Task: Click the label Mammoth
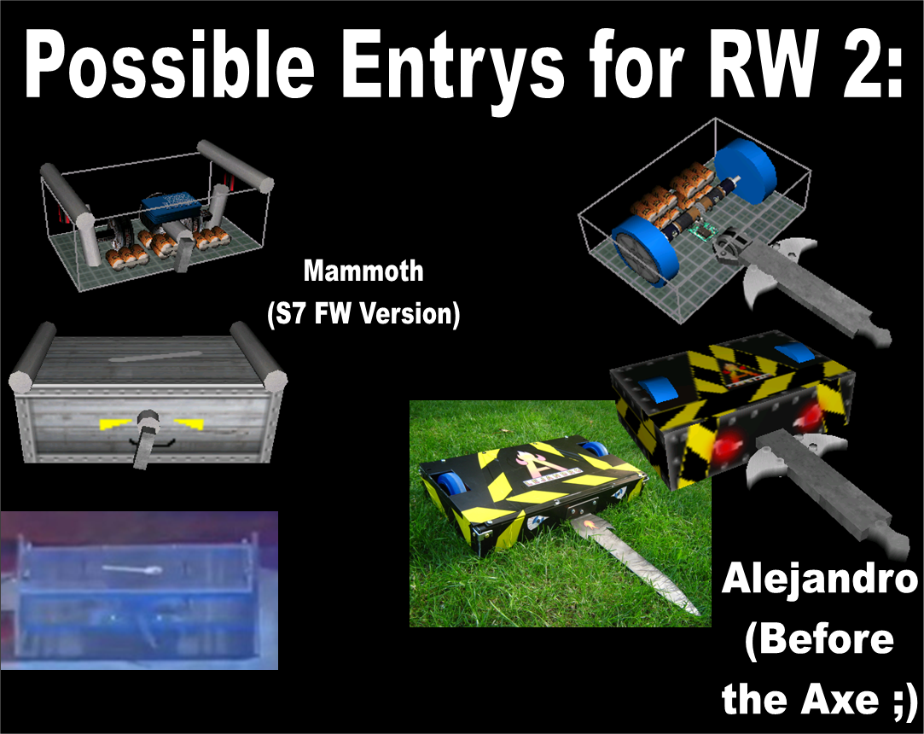point(363,271)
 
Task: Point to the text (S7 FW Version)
point(363,313)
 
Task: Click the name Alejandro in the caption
point(820,580)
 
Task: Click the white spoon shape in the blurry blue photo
point(131,569)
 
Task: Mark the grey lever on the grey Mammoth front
point(144,440)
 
